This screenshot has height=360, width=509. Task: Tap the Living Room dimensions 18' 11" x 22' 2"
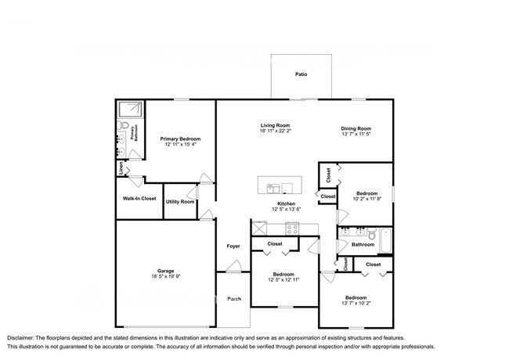tap(276, 132)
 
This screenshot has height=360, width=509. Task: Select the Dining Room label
tap(356, 128)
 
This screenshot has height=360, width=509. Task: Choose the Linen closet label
tap(121, 167)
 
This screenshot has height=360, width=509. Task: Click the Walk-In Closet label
tap(138, 199)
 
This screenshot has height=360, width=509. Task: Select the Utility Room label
tap(179, 202)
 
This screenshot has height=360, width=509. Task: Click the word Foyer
tap(233, 247)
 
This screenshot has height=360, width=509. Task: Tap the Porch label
tap(233, 299)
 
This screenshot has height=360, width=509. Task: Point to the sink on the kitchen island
tap(273, 187)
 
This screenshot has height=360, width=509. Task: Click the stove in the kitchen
tap(293, 229)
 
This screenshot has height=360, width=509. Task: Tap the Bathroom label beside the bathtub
tap(362, 244)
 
